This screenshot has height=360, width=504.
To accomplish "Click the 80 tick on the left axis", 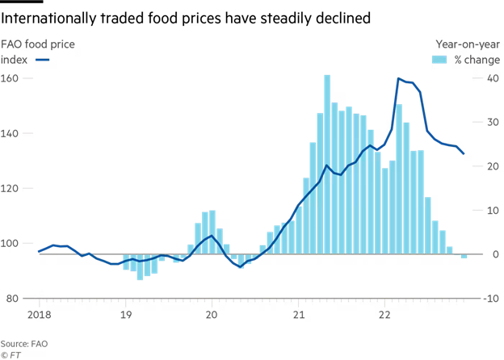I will point(10,299).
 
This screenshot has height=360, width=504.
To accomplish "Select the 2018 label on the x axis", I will point(39,315).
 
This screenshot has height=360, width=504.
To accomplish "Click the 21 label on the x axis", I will point(298,315).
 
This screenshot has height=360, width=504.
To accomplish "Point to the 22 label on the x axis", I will point(384,315).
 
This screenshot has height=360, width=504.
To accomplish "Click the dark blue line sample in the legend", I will point(44,60).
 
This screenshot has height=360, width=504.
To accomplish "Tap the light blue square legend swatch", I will point(441,60).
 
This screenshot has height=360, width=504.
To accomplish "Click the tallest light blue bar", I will point(327,165).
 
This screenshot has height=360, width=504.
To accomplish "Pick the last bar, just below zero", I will point(464,257).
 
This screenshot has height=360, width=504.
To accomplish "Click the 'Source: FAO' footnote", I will point(25,343).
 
